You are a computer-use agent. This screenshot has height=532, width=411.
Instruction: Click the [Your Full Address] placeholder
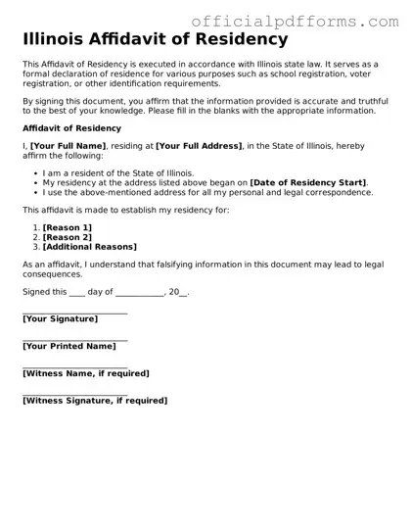coord(199,146)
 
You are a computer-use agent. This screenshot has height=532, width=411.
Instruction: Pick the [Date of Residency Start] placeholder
coord(308,182)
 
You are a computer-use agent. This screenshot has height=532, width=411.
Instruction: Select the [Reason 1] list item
coord(67,228)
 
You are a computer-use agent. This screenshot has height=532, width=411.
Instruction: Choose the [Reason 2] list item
coord(67,237)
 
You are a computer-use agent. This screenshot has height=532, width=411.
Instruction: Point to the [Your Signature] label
coord(60,319)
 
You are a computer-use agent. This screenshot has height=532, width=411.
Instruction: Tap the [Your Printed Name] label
coord(68,346)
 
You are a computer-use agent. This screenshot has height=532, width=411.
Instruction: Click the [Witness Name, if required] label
coord(85,373)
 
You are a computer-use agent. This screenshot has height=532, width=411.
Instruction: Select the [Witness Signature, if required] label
coord(94,400)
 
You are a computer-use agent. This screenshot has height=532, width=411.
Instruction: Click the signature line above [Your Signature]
coord(74,313)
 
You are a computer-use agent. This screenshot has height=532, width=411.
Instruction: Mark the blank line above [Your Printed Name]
coord(74,339)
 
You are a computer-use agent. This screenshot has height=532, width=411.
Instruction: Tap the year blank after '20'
coord(183,293)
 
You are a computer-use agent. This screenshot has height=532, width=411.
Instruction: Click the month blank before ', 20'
coord(139,293)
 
